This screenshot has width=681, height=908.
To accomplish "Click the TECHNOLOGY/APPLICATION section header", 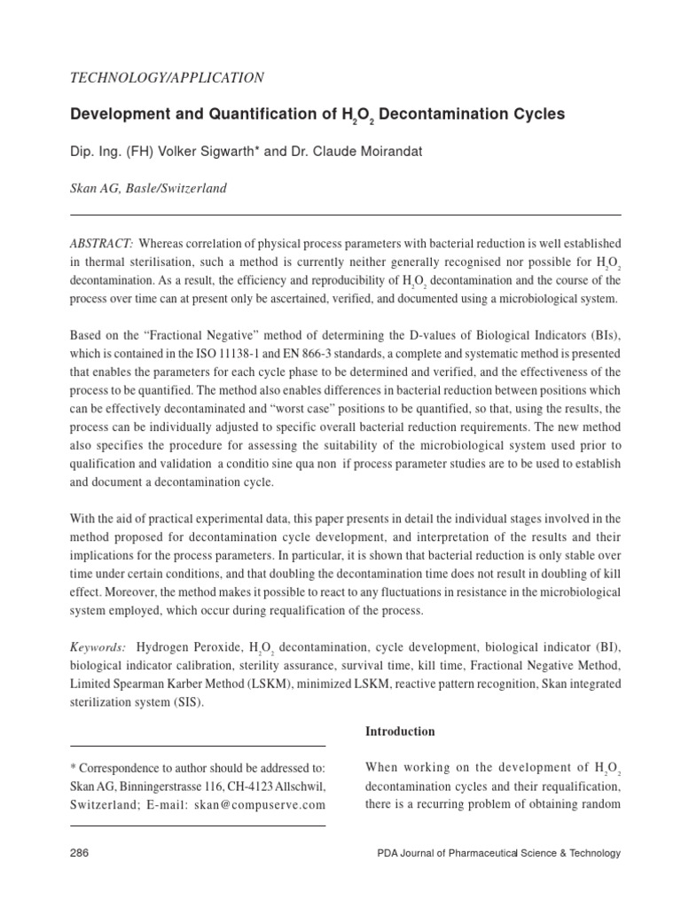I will pos(166,78).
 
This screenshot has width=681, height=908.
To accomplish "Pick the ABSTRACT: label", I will pos(102,243).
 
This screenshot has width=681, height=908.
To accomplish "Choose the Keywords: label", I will pos(98,647).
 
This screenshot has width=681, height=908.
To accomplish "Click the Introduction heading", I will pos(400,732).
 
